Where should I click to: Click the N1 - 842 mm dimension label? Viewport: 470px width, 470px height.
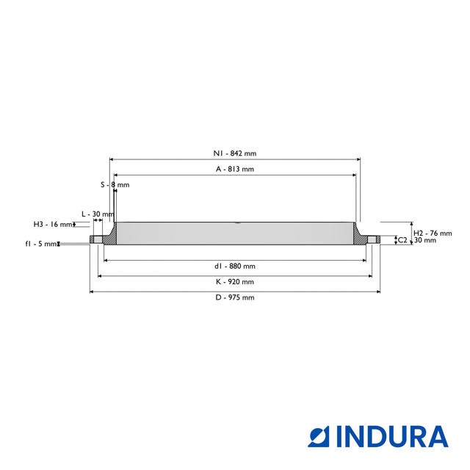[235, 153]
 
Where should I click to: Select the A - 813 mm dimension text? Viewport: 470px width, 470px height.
[235, 169]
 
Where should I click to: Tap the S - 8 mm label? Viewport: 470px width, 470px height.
[115, 184]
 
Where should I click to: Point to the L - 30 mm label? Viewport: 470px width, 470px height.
[98, 214]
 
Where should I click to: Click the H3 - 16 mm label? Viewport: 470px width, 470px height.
[53, 224]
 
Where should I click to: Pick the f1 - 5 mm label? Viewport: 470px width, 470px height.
[41, 244]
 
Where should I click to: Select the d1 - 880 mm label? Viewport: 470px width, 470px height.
[235, 266]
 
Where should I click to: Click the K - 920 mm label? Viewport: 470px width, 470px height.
[235, 282]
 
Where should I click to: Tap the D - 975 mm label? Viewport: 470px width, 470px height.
[235, 297]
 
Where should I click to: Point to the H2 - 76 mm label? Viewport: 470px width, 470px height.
[433, 234]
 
